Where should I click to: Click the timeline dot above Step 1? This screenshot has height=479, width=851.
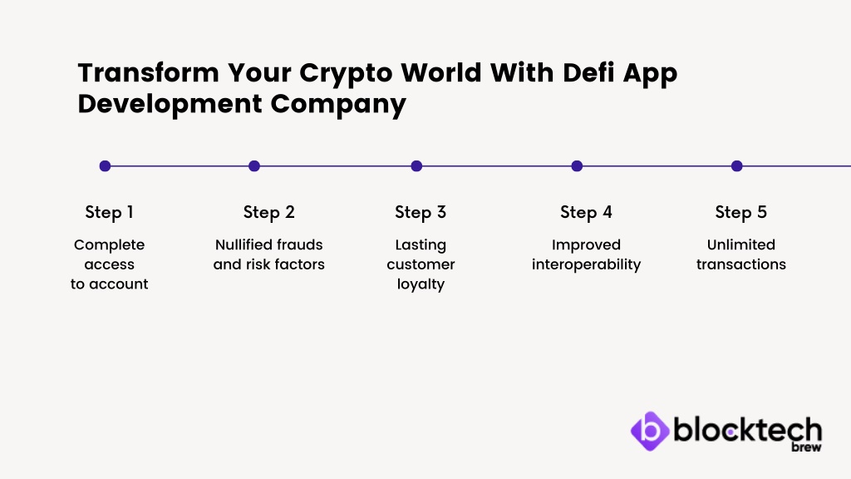(106, 166)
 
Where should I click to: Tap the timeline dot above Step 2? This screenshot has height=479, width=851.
(254, 166)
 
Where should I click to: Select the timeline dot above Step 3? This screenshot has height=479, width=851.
(416, 166)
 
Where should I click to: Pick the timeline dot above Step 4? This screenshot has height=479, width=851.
(577, 166)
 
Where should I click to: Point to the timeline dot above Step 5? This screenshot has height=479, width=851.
(736, 166)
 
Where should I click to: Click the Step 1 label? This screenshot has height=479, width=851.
(109, 212)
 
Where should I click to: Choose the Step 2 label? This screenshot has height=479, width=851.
(268, 212)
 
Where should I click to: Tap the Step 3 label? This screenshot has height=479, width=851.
(421, 212)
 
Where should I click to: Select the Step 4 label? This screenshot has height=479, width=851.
(586, 212)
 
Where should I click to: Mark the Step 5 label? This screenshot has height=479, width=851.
(740, 212)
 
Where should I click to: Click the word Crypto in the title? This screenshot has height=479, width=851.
(346, 74)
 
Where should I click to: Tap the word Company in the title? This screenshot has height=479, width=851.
(338, 105)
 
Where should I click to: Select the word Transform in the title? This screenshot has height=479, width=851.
(149, 72)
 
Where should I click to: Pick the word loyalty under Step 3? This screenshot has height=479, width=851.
(421, 284)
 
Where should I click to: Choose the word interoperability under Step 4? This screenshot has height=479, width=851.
(586, 264)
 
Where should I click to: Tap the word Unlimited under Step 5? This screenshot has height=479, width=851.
(740, 244)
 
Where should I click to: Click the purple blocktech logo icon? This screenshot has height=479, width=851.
(650, 432)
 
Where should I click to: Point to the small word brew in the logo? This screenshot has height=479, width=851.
(806, 447)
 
